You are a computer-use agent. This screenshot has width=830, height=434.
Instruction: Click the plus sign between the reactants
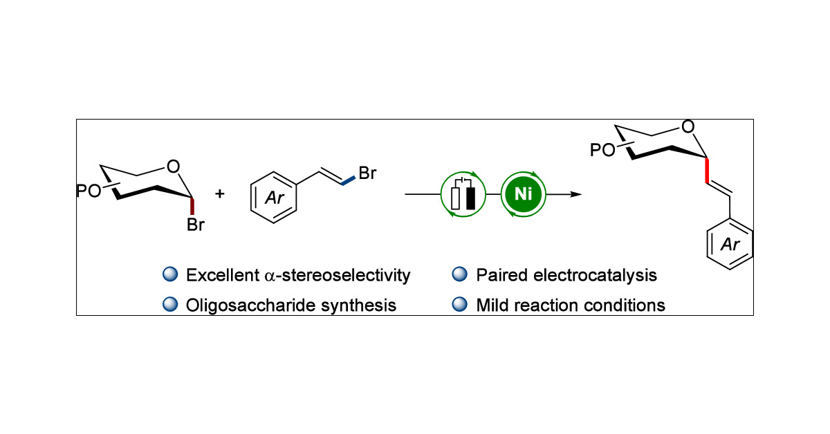[x=220, y=194]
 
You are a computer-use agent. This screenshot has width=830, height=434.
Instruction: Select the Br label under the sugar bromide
[x=196, y=225]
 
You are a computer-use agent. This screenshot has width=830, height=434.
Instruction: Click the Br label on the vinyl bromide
[x=367, y=171]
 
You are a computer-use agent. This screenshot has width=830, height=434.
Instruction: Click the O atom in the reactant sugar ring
[x=174, y=166]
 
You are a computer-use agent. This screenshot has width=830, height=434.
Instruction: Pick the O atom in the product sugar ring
[x=687, y=127]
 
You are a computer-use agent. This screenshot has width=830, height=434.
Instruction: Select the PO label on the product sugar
[x=600, y=149]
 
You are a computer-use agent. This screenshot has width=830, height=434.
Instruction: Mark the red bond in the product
[x=707, y=171]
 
